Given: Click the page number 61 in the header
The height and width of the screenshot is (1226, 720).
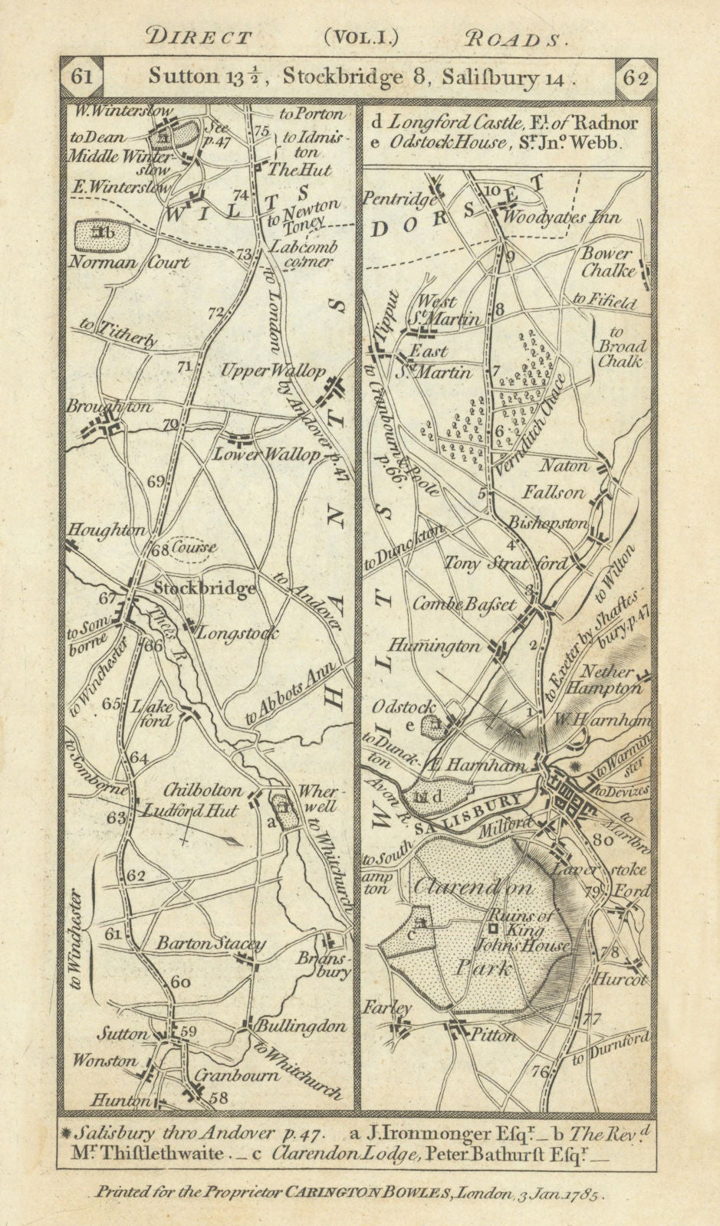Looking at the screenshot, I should click(x=82, y=77).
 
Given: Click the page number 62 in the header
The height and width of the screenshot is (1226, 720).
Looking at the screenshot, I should click(x=636, y=77).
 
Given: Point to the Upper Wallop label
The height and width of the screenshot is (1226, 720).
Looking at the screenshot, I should click(x=273, y=370).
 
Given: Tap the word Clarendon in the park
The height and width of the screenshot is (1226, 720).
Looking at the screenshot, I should click(x=473, y=887).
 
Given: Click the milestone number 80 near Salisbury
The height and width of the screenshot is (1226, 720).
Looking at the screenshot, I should click(x=602, y=838).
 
